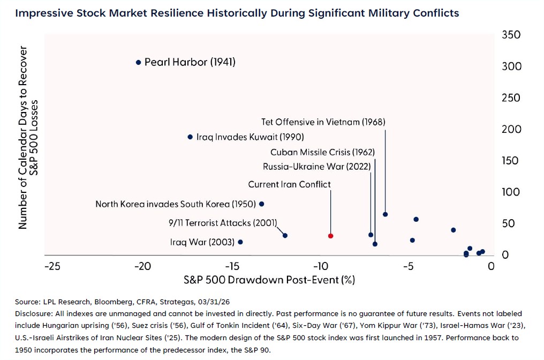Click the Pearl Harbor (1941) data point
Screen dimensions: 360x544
point(139,62)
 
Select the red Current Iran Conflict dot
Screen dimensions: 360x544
point(331,236)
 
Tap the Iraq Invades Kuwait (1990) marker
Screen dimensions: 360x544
point(190,137)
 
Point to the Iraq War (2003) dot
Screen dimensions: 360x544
point(240,242)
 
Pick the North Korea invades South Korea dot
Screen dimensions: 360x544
point(261,204)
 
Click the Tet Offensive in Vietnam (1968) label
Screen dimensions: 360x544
point(323,122)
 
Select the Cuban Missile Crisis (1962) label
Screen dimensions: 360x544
point(322,152)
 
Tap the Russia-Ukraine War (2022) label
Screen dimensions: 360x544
point(317,167)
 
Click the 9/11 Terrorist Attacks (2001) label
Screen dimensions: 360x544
point(223,222)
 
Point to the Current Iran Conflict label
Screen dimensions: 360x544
point(289,184)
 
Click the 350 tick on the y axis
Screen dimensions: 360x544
point(511,35)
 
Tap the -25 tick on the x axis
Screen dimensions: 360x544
point(52,266)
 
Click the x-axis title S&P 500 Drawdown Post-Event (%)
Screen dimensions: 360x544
point(269,280)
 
